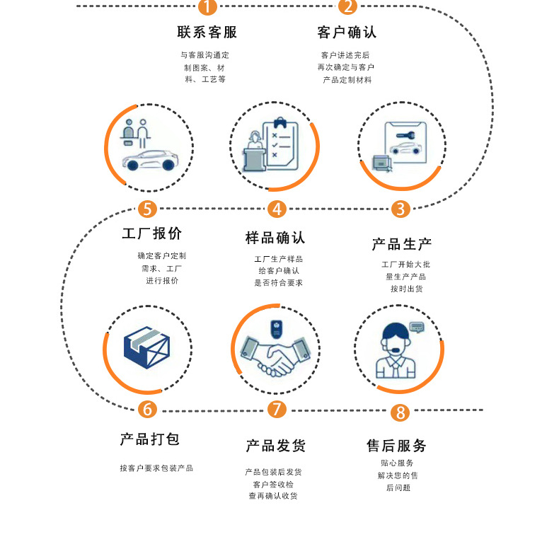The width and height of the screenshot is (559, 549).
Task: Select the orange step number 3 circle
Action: (400, 209)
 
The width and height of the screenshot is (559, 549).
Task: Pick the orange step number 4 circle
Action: (277, 209)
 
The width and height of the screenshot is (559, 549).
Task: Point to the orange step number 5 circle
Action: (147, 209)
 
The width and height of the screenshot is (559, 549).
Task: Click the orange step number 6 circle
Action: (147, 410)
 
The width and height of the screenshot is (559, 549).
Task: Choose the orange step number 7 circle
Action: (277, 410)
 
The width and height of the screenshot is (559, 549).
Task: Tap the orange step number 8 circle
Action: (400, 412)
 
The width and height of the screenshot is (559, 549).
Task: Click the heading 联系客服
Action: (207, 33)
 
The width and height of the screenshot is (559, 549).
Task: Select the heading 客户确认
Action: (347, 33)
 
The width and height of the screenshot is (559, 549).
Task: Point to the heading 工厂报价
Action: (151, 234)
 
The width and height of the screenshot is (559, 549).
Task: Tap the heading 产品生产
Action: (401, 245)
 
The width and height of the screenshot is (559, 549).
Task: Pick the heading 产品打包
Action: (150, 439)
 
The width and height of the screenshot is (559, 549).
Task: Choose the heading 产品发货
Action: (275, 446)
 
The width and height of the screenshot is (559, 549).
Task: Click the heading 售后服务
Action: (396, 446)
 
